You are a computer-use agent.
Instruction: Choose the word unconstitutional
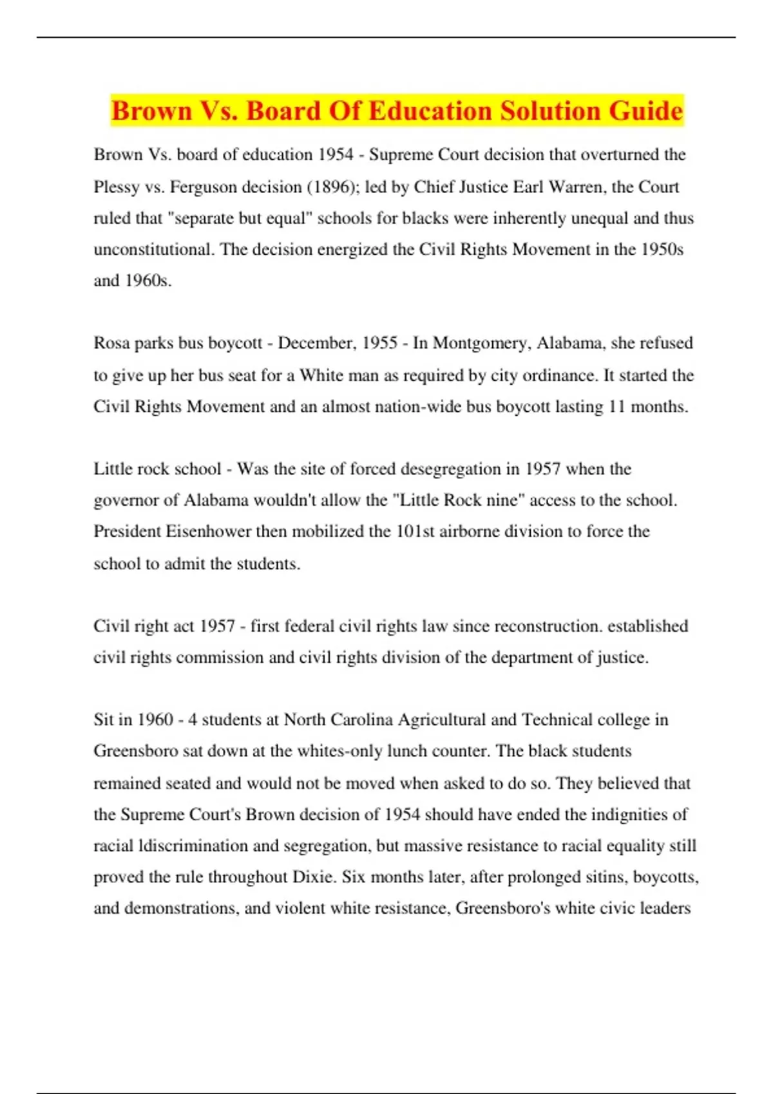[x=153, y=250]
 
